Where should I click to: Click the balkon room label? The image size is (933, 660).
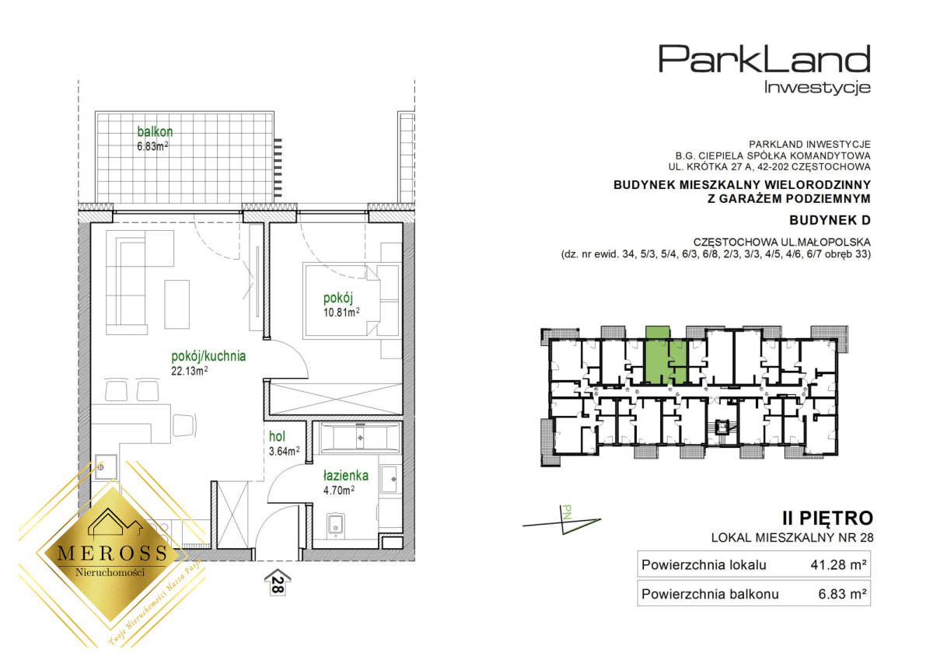pos(155,131)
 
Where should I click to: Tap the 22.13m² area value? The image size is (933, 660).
pos(190,371)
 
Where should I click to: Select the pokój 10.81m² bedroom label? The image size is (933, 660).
pos(341,305)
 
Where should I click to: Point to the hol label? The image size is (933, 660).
pos(277,436)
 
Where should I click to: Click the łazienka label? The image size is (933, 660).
pos(346,476)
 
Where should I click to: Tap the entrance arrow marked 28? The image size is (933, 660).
pos(278,582)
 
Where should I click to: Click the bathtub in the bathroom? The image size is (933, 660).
pos(360,438)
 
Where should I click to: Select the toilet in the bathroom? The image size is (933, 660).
pos(335,525)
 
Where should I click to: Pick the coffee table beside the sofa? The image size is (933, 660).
pos(177,305)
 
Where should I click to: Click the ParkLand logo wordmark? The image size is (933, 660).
pos(764,59)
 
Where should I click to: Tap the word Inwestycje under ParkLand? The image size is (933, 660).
pos(817,87)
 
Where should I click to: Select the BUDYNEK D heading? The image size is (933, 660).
pos(830,220)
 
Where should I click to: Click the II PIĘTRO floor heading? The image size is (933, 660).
pos(827,519)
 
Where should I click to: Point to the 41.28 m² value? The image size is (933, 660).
pos(838,564)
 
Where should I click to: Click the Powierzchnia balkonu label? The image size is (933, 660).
pos(710,594)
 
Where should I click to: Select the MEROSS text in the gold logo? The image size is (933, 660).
pos(113,553)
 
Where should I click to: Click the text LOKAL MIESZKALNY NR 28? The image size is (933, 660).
pos(792,538)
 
